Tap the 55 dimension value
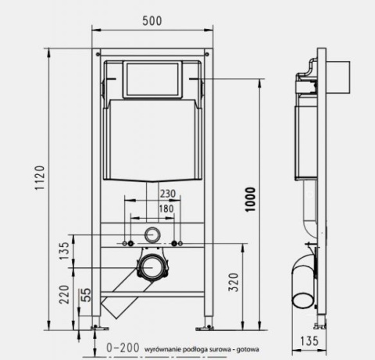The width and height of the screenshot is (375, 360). (x=86, y=296)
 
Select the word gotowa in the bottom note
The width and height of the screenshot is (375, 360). (x=247, y=349)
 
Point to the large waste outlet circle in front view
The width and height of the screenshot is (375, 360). (x=152, y=267)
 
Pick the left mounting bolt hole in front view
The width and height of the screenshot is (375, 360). (x=127, y=244)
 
